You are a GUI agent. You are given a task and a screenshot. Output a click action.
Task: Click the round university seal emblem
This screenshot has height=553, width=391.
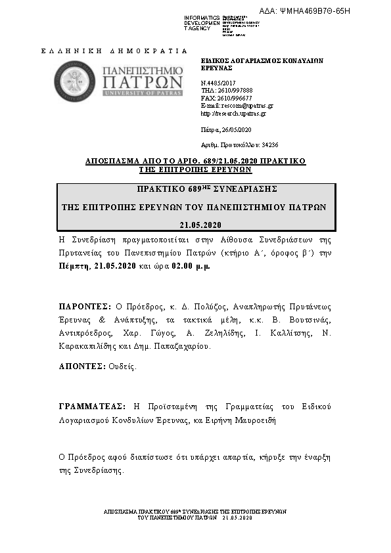click(x=74, y=81)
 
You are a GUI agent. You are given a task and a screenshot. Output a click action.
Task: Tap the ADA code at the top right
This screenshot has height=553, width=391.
click(x=314, y=11)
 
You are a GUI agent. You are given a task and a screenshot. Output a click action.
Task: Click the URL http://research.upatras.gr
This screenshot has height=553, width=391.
click(x=233, y=113)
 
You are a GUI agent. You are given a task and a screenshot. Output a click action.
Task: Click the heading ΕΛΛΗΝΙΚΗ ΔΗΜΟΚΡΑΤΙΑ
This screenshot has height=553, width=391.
click(x=114, y=51)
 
